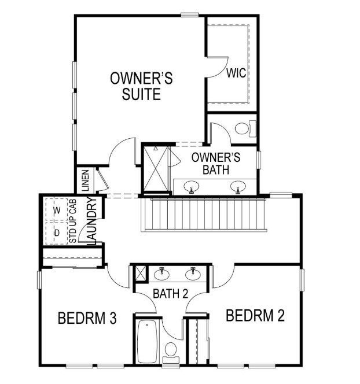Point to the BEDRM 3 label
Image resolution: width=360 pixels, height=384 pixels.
point(88,318)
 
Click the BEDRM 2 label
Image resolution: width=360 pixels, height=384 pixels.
point(255,316)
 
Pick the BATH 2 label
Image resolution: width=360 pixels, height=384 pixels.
point(171,294)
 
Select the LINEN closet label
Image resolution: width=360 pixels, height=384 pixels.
point(86,180)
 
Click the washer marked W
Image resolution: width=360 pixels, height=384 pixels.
point(57,211)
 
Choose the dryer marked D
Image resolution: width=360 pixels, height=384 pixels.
point(57,233)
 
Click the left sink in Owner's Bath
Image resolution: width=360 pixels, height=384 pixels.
point(192,186)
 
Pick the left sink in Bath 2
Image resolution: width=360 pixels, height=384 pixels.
point(162,274)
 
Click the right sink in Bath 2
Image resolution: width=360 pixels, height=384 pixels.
point(192,274)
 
